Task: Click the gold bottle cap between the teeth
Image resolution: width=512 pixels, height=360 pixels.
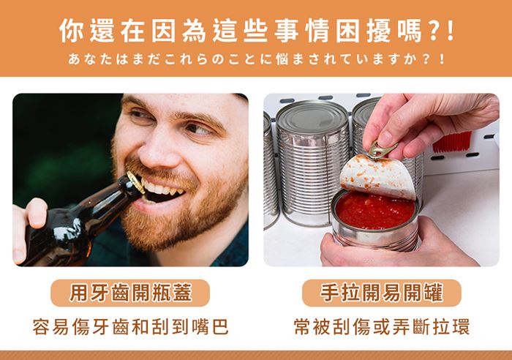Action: tap(135, 182)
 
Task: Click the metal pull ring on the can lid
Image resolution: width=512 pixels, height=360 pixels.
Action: tap(381, 150)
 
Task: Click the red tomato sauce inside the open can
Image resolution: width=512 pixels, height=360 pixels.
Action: tap(375, 211)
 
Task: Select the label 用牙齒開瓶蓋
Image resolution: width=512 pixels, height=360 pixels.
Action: tap(130, 293)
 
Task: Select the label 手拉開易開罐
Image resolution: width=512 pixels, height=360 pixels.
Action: tap(381, 293)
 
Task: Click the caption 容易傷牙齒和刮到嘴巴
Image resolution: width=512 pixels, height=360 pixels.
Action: tap(131, 326)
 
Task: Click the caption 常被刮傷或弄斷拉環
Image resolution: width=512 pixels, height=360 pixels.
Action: tap(381, 326)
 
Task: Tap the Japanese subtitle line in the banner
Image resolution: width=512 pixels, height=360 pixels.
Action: tap(256, 59)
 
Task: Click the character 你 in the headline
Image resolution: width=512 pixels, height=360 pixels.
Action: tap(72, 31)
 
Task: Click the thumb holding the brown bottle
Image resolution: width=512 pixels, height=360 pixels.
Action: tap(37, 212)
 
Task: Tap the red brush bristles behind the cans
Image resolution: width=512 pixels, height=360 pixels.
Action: tap(452, 142)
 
